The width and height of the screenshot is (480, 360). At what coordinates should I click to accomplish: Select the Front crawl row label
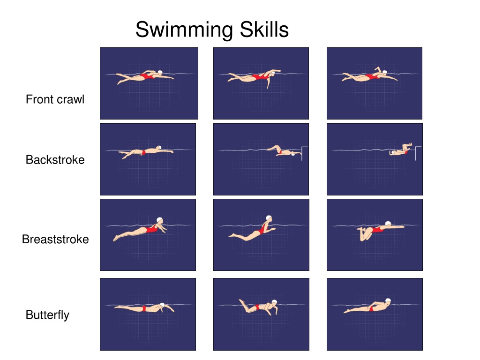click(x=55, y=99)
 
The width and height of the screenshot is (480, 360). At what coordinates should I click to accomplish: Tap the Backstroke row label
click(x=55, y=160)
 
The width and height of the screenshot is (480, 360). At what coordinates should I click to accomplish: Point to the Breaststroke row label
click(x=55, y=240)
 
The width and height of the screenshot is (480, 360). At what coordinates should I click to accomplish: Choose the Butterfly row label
click(x=47, y=315)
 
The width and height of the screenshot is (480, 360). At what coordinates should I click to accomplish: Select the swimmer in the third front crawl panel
click(x=370, y=76)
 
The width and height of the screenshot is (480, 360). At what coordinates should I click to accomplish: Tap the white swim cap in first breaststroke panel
click(x=160, y=220)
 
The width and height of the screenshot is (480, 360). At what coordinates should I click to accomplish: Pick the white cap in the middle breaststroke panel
click(x=269, y=218)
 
